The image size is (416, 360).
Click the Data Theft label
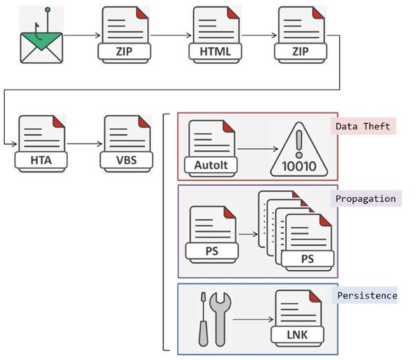(x=365, y=126)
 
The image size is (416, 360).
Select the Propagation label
(x=365, y=198)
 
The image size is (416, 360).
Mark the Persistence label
(x=367, y=295)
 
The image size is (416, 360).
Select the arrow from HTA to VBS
(x=83, y=144)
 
